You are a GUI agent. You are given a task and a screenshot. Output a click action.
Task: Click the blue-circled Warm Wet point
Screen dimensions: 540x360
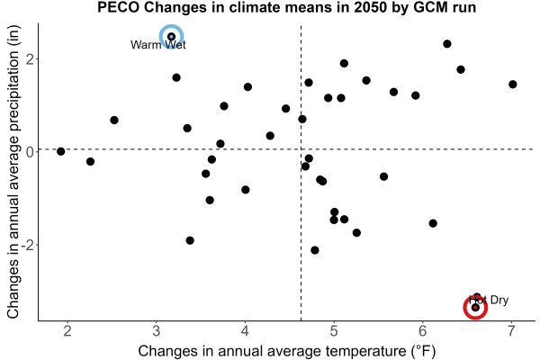tap(171, 37)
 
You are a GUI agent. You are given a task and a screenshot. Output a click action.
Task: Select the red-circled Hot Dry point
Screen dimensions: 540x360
tap(475, 308)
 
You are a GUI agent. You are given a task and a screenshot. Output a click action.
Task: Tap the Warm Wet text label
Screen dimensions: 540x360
tap(158, 45)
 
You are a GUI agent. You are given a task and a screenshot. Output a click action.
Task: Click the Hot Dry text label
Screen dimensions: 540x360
tap(489, 300)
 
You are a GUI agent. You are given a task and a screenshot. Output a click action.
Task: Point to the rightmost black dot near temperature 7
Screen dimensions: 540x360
tap(512, 85)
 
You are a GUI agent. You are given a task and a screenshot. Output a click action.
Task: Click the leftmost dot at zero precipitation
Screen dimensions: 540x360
tap(61, 151)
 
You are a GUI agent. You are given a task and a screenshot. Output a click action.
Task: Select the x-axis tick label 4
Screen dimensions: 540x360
tap(245, 330)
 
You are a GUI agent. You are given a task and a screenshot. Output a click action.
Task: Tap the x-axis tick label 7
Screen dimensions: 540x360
tap(511, 330)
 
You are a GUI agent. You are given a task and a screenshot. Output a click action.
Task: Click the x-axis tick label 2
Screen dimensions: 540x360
tap(67, 330)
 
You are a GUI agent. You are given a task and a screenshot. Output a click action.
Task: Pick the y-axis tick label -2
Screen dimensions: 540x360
tap(28, 245)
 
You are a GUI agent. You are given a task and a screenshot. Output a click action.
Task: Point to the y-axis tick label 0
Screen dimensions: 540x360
tap(31, 151)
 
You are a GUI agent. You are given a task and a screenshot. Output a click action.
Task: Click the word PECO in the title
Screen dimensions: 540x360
tap(118, 7)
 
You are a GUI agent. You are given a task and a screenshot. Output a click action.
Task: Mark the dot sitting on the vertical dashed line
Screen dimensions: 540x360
tap(302, 119)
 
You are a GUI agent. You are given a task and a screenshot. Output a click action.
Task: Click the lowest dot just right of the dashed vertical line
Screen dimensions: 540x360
tap(315, 250)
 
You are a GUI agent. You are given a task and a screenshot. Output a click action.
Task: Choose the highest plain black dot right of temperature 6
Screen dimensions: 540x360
tap(447, 44)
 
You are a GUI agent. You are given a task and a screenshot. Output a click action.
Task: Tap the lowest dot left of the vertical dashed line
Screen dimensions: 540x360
tap(190, 240)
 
